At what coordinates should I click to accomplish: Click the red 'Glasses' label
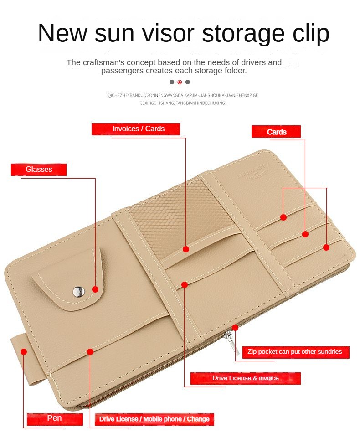point(39,170)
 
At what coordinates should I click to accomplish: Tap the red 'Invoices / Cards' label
point(136,129)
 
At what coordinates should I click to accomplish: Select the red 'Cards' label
point(276,132)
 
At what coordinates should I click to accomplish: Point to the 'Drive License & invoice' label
point(245,378)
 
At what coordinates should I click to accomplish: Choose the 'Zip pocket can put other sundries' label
point(294,352)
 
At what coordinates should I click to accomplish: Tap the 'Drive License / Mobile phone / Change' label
point(154,419)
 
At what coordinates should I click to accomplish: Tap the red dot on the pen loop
point(24,351)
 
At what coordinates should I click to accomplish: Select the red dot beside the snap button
point(95,289)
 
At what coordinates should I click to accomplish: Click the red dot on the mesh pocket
point(186,249)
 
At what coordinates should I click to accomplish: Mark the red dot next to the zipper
point(235,327)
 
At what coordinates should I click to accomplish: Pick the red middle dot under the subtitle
point(180,82)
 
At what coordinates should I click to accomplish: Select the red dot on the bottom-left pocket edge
point(90,351)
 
